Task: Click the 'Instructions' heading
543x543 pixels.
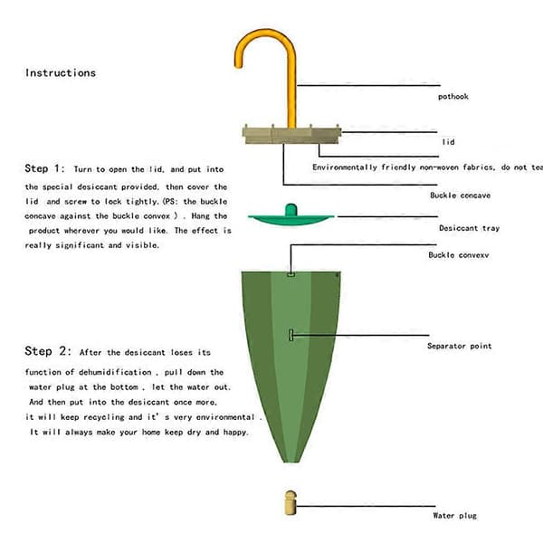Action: coord(61,72)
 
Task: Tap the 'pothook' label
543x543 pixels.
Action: coord(453,97)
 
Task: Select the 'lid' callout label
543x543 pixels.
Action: coord(448,142)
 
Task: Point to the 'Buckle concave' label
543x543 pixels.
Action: coord(461,195)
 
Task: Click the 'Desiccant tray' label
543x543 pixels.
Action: coord(469,228)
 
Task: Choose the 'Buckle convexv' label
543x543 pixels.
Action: coord(459,255)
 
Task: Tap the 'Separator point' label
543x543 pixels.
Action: coord(459,346)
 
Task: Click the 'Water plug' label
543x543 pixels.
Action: coord(454,516)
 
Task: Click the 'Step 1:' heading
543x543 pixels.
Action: coord(44,168)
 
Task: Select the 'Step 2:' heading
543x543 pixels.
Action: coord(48,351)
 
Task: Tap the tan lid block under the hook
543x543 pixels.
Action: coord(292,135)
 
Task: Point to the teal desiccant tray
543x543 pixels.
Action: coord(291,219)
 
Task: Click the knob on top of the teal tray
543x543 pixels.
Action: coord(291,210)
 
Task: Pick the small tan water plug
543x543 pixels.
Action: coord(291,502)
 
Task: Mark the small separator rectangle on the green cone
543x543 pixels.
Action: coord(291,335)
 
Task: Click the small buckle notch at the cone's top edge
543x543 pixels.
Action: coord(291,274)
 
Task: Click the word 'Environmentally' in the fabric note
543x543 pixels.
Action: coord(345,167)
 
